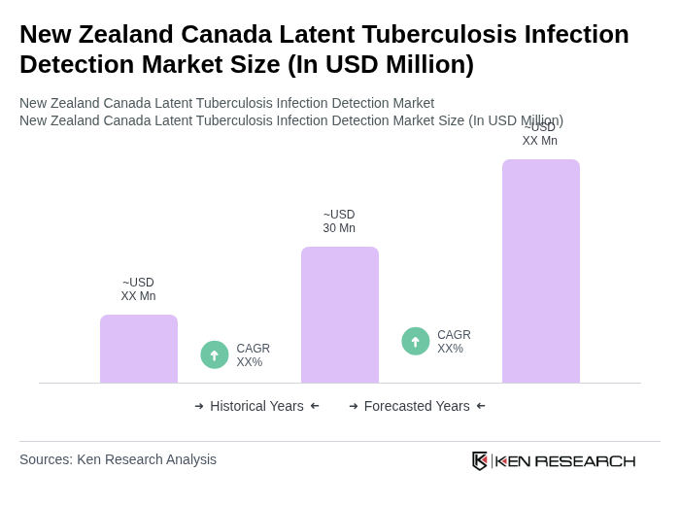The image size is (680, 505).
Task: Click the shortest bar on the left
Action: click(139, 349)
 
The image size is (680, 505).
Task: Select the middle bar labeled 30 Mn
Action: click(340, 315)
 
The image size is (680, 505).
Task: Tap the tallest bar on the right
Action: click(541, 271)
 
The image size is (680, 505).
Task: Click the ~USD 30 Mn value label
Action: click(339, 221)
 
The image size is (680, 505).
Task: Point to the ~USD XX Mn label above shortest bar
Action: click(138, 289)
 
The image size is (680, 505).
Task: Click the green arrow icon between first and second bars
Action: click(215, 354)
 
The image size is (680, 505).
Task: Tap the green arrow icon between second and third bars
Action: click(416, 341)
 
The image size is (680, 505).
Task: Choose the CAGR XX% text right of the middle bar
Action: click(454, 342)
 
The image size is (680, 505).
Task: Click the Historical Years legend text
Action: click(256, 406)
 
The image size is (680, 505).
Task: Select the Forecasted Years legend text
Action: click(417, 406)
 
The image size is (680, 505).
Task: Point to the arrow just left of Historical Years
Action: click(199, 406)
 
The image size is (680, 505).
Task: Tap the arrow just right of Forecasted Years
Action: click(481, 406)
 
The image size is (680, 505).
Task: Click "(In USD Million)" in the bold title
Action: click(381, 64)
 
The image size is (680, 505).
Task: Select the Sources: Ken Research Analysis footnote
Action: click(118, 459)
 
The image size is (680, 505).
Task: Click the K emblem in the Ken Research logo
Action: click(480, 460)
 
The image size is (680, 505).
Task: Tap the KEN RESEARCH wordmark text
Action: click(565, 460)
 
